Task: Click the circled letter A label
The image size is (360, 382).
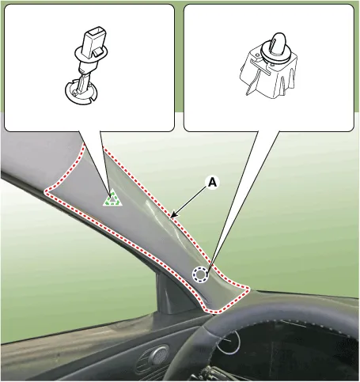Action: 212,183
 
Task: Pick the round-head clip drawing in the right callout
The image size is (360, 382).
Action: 268,65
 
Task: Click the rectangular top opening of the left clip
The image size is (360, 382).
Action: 96,31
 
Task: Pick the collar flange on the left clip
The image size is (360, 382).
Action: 91,54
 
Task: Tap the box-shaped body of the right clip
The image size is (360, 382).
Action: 269,73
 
